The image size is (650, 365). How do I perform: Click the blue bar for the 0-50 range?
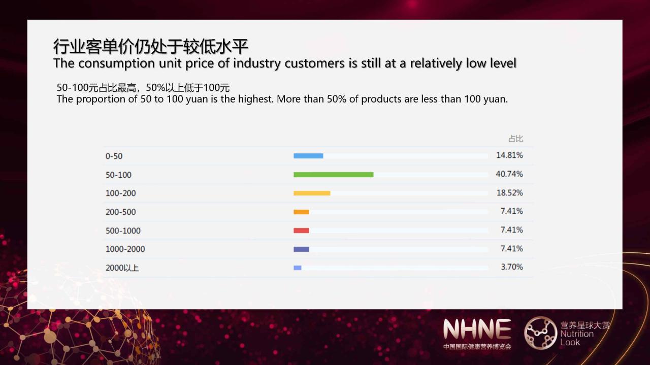coord(308,156)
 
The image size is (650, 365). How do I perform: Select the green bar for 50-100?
coord(334,174)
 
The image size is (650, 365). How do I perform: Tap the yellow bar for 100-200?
coord(312,193)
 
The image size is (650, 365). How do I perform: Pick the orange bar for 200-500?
coord(301,212)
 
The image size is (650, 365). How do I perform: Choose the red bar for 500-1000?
coord(301,230)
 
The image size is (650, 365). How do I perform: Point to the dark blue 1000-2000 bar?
coord(301,249)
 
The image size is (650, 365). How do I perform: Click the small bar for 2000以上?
coord(298,268)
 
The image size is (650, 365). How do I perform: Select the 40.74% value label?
coord(509,174)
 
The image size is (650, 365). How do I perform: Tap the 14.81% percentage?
coord(509,155)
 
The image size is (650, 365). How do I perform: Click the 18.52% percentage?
coord(509,193)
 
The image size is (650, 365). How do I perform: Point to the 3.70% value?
coord(512,267)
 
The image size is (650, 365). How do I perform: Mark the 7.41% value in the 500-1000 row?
coord(512,230)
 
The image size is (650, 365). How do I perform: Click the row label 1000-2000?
coord(125,249)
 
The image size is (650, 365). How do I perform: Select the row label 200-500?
coord(121,212)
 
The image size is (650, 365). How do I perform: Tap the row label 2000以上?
coord(122,268)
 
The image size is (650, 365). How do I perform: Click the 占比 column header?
coord(515,139)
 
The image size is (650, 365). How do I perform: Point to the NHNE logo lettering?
coord(477,329)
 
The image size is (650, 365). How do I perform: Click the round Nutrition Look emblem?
coord(541,333)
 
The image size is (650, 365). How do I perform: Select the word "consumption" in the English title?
coord(116,63)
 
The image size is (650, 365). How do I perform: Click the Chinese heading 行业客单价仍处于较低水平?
coord(151,46)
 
